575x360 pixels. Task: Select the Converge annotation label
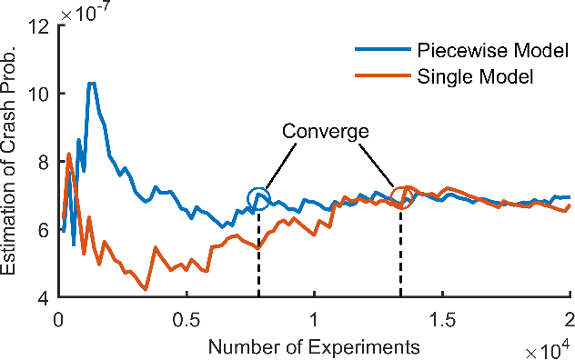coord(325,131)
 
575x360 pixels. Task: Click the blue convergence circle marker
coord(258,198)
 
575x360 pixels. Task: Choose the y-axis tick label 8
coord(42,162)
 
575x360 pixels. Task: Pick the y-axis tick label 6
coord(42,230)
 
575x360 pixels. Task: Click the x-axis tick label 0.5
coord(187,319)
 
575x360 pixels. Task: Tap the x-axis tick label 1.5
coord(442,319)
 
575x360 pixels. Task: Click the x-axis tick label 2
coord(570,319)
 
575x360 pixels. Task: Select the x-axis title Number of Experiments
coord(315,346)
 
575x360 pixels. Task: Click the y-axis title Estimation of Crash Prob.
coord(12,162)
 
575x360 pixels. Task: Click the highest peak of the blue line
coord(91,84)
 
